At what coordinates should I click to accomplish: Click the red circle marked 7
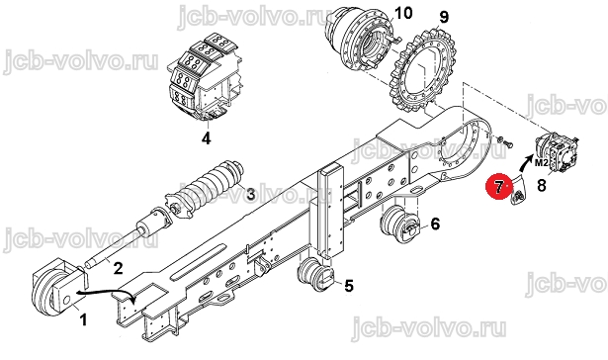(x=499, y=187)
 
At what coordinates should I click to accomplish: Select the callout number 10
(x=403, y=13)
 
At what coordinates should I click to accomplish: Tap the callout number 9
(x=444, y=17)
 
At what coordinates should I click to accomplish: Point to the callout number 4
(x=207, y=138)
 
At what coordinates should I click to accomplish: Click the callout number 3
(x=251, y=194)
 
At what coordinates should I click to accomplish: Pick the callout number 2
(x=118, y=268)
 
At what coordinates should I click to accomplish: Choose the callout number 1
(x=83, y=320)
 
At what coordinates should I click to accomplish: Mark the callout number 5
(x=349, y=286)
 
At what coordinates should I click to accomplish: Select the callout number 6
(x=435, y=224)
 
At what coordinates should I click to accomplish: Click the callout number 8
(x=542, y=185)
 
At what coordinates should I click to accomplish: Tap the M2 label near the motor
(x=541, y=163)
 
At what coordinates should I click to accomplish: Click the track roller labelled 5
(x=315, y=274)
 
